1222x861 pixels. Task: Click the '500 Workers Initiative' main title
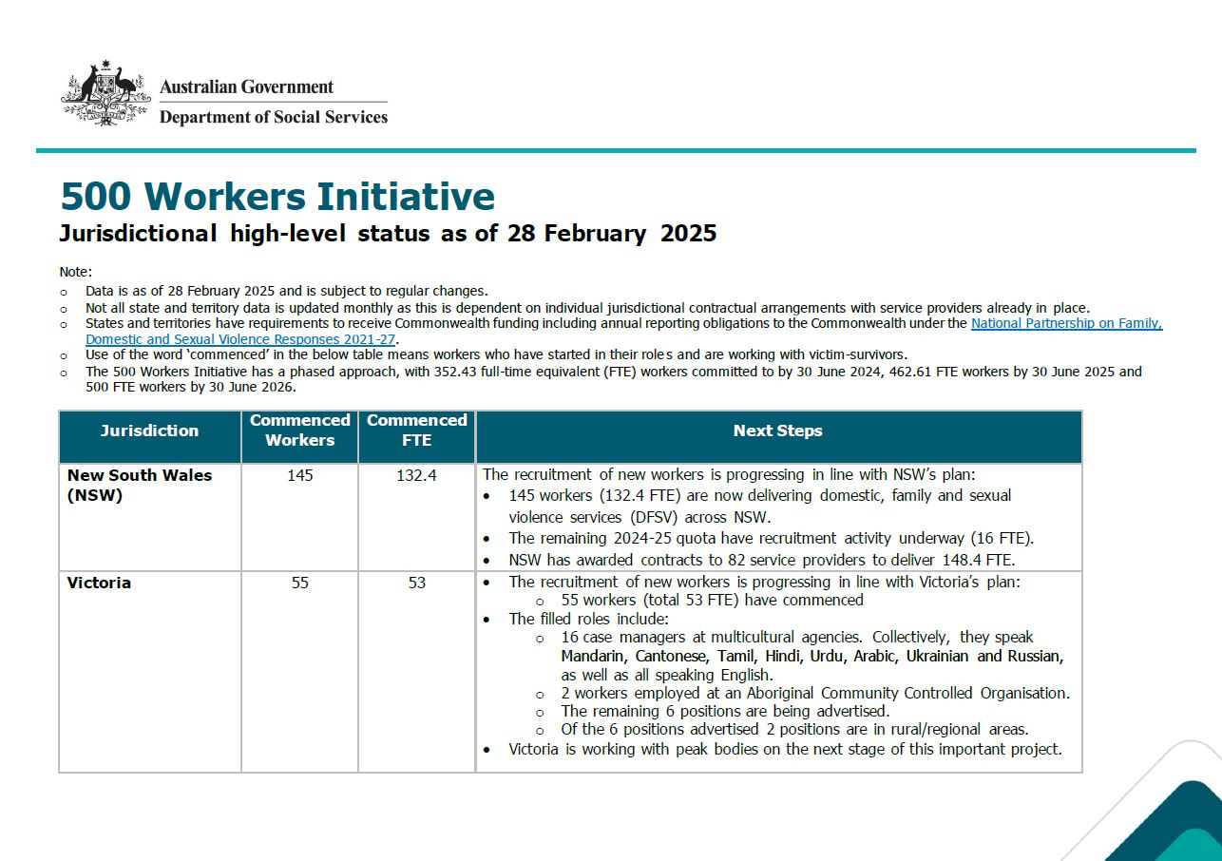(277, 196)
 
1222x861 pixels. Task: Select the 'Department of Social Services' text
(274, 117)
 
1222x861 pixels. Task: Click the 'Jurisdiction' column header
(149, 430)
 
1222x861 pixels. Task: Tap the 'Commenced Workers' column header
(299, 430)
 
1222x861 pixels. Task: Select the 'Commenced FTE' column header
(416, 430)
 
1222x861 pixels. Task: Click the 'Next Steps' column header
(777, 430)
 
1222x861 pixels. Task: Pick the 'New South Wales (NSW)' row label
(139, 485)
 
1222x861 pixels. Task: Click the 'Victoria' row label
(99, 583)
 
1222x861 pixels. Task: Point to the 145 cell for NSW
(299, 475)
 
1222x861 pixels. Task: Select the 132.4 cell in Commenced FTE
(416, 475)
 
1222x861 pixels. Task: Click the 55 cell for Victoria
(299, 583)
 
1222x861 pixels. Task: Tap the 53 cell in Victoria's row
(416, 583)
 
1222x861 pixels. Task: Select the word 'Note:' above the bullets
(76, 272)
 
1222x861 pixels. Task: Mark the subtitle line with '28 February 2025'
(388, 233)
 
